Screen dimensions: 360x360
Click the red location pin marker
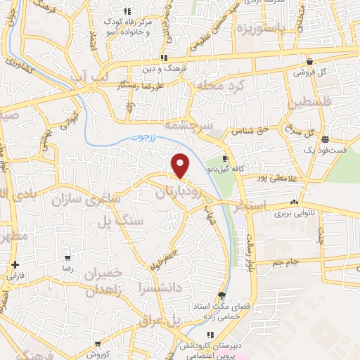tap(181, 165)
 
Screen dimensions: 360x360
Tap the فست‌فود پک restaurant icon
tap(325, 139)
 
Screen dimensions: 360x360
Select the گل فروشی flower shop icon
tap(309, 61)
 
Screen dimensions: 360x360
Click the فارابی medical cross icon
tap(15, 265)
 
